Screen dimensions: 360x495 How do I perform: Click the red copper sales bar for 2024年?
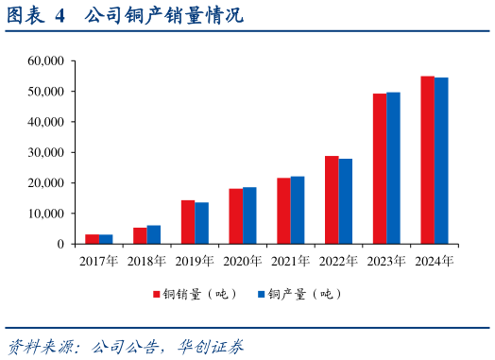point(427,160)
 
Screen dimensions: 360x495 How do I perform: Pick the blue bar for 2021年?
point(298,210)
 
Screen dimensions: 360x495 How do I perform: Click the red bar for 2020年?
point(235,216)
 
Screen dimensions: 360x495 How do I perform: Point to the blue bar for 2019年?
point(202,223)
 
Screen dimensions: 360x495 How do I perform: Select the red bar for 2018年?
point(140,235)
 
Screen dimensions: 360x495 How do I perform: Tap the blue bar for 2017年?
point(106,239)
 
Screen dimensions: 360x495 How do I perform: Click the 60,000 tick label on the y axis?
point(45,61)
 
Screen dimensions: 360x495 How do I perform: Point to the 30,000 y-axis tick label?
point(45,153)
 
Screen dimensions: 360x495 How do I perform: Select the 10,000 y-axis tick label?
point(45,214)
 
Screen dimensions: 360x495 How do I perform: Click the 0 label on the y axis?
point(60,244)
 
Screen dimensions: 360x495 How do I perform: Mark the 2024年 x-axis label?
point(435,260)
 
